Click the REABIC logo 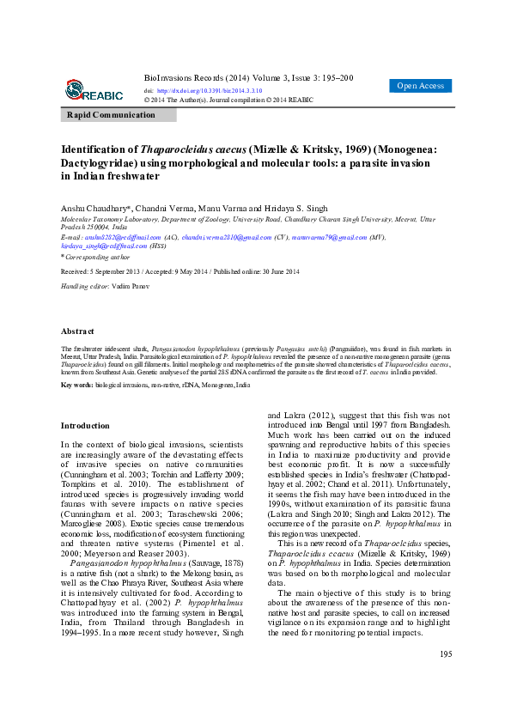(94, 89)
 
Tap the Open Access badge (420, 86)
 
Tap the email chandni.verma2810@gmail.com (227, 237)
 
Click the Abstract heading (77, 331)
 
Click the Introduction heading (85, 425)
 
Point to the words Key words (76, 386)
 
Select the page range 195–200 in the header (335, 76)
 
